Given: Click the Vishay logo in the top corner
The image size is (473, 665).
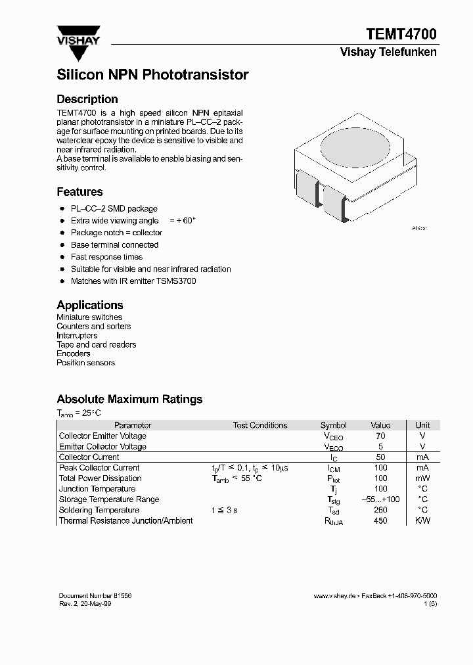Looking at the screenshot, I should (x=78, y=35).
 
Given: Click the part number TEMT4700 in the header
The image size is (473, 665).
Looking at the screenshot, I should (x=401, y=34).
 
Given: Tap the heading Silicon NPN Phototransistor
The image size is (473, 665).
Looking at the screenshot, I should (x=152, y=75).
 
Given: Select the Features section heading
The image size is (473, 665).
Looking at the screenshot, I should (x=79, y=192).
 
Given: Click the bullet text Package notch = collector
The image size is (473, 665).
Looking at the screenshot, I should (x=116, y=233).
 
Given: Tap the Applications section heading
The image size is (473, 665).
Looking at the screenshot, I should (x=90, y=305).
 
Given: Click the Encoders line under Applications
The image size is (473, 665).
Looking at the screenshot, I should (x=74, y=354).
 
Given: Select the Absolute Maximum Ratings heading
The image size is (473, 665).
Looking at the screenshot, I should (x=129, y=399).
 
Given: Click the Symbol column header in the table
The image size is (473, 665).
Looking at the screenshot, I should (x=333, y=425).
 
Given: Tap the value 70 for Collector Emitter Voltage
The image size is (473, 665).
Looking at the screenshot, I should (x=380, y=436).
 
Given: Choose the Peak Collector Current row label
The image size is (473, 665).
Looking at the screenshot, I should (x=99, y=468).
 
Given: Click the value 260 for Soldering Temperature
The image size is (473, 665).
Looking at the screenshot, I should (x=380, y=510).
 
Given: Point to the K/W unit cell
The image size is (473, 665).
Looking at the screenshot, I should (x=423, y=520).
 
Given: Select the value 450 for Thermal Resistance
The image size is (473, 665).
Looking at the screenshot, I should (x=380, y=520).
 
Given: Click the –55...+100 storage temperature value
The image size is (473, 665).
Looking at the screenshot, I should (x=380, y=499).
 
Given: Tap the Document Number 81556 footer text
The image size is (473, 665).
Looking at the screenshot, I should (x=95, y=595).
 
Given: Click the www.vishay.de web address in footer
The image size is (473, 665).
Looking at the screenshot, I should (x=334, y=595).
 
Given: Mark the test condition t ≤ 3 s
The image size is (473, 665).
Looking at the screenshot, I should (x=225, y=510).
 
